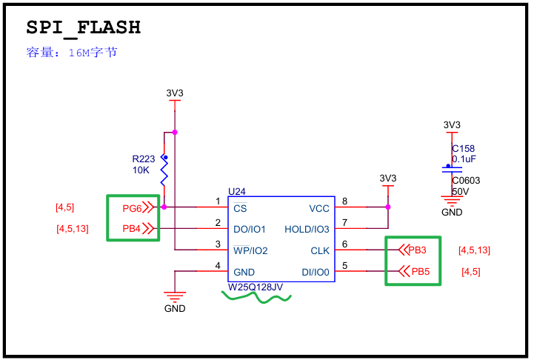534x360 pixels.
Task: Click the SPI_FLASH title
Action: click(84, 27)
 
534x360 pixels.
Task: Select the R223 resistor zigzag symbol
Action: click(164, 171)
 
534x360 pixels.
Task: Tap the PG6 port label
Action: click(132, 208)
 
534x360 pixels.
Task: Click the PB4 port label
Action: click(131, 229)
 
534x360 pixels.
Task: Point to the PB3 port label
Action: click(417, 250)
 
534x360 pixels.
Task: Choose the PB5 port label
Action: click(421, 271)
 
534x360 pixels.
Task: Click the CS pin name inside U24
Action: click(240, 208)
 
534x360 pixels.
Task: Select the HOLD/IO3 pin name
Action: click(307, 229)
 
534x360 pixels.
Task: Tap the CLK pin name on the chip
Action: click(320, 250)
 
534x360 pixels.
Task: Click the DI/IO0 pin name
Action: click(316, 272)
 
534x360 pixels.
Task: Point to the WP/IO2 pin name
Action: click(250, 250)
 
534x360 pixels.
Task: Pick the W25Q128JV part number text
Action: click(256, 287)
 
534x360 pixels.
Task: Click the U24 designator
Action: click(237, 191)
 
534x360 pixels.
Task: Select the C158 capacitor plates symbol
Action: click(452, 170)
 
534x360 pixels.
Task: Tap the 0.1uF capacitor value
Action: click(464, 159)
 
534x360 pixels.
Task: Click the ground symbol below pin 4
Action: click(175, 297)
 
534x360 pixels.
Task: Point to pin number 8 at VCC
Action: click(344, 201)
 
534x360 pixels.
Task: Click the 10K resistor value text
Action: click(141, 170)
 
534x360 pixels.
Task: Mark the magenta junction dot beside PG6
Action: click(164, 207)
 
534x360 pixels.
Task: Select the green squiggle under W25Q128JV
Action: click(256, 298)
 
